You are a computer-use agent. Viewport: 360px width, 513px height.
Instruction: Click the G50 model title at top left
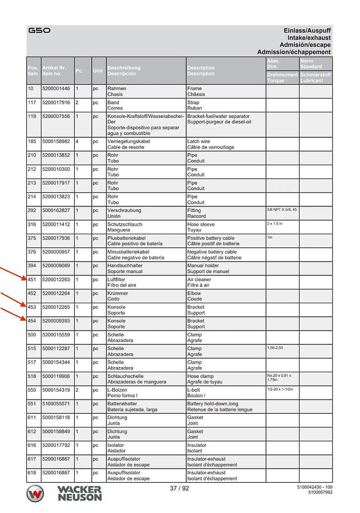[x=39, y=30]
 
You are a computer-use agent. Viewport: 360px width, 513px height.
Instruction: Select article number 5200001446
[x=56, y=89]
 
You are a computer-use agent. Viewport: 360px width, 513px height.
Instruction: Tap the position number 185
[x=32, y=141]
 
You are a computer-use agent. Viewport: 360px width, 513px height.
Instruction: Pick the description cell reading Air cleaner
[x=199, y=280]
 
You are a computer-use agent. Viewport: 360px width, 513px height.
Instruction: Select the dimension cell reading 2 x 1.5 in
[x=275, y=224]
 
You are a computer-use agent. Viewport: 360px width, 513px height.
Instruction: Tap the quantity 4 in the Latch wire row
[x=77, y=141]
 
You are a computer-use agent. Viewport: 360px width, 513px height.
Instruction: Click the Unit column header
[x=98, y=71]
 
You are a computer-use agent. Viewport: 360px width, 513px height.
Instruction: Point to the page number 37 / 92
[x=179, y=488]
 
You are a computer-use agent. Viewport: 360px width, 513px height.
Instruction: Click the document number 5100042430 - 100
[x=315, y=487]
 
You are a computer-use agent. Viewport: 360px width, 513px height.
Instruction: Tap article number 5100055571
[x=56, y=404]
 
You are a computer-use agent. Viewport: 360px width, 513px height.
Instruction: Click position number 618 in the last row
[x=32, y=473]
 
